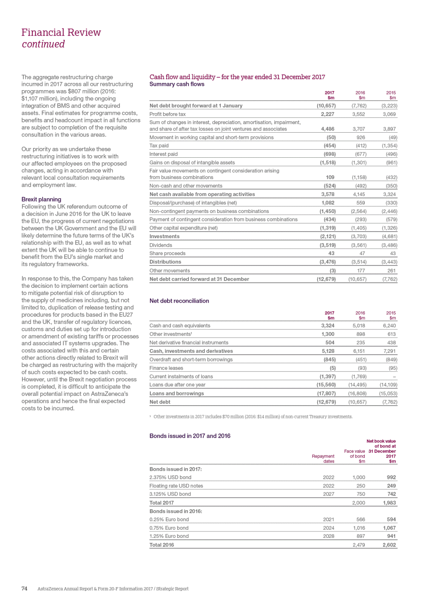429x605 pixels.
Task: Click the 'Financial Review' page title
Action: pyautogui.click(x=61, y=33)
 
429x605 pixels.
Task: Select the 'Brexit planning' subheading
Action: pyautogui.click(x=41, y=199)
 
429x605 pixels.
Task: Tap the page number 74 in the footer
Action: pyautogui.click(x=24, y=589)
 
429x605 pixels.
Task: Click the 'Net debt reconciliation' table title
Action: pyautogui.click(x=179, y=301)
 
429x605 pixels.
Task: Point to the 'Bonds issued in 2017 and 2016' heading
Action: pyautogui.click(x=190, y=436)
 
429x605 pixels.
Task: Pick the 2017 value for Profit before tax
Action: pyautogui.click(x=327, y=114)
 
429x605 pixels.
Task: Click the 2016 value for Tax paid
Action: pyautogui.click(x=361, y=146)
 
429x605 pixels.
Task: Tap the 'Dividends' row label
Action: pyautogui.click(x=161, y=245)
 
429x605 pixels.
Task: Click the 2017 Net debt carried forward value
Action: pyautogui.click(x=326, y=279)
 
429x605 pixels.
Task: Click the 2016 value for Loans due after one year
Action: pyautogui.click(x=358, y=385)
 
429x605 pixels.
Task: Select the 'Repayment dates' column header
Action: pyautogui.click(x=323, y=459)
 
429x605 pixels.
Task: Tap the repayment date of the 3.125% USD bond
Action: pyautogui.click(x=328, y=494)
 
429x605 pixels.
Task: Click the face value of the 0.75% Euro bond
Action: pyautogui.click(x=359, y=528)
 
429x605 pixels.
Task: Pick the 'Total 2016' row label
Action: pyautogui.click(x=162, y=545)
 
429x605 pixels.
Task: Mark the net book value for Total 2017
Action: pyautogui.click(x=389, y=503)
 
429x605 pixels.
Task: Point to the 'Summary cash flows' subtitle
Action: pyautogui.click(x=177, y=84)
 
